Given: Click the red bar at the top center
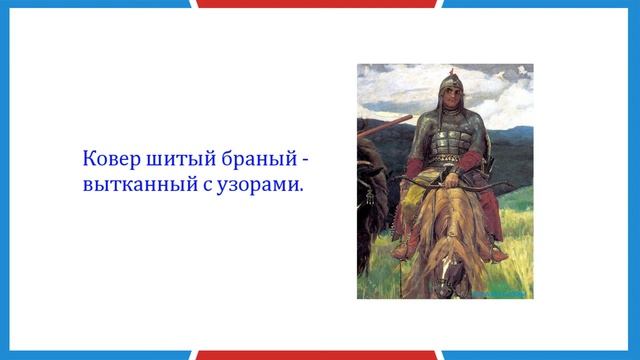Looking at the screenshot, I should pos(319,3).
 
